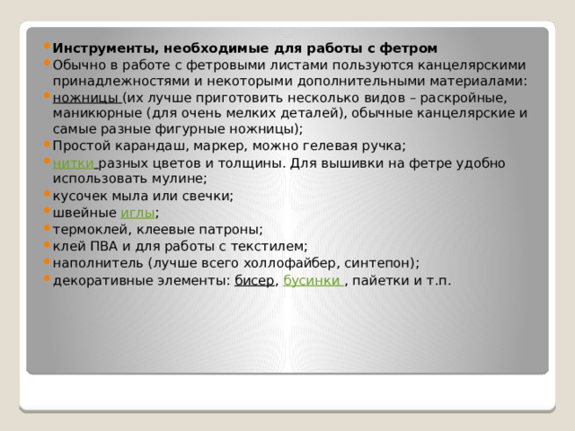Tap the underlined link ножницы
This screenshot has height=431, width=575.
point(86,97)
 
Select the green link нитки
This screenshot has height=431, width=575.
point(74,163)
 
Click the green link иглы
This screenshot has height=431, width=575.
point(137,213)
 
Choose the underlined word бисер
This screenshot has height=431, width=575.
point(254,280)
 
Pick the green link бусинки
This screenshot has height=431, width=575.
point(312,280)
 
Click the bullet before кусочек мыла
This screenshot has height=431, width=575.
point(46,196)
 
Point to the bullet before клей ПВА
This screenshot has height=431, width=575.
point(46,246)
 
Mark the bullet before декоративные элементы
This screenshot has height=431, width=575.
point(46,280)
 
